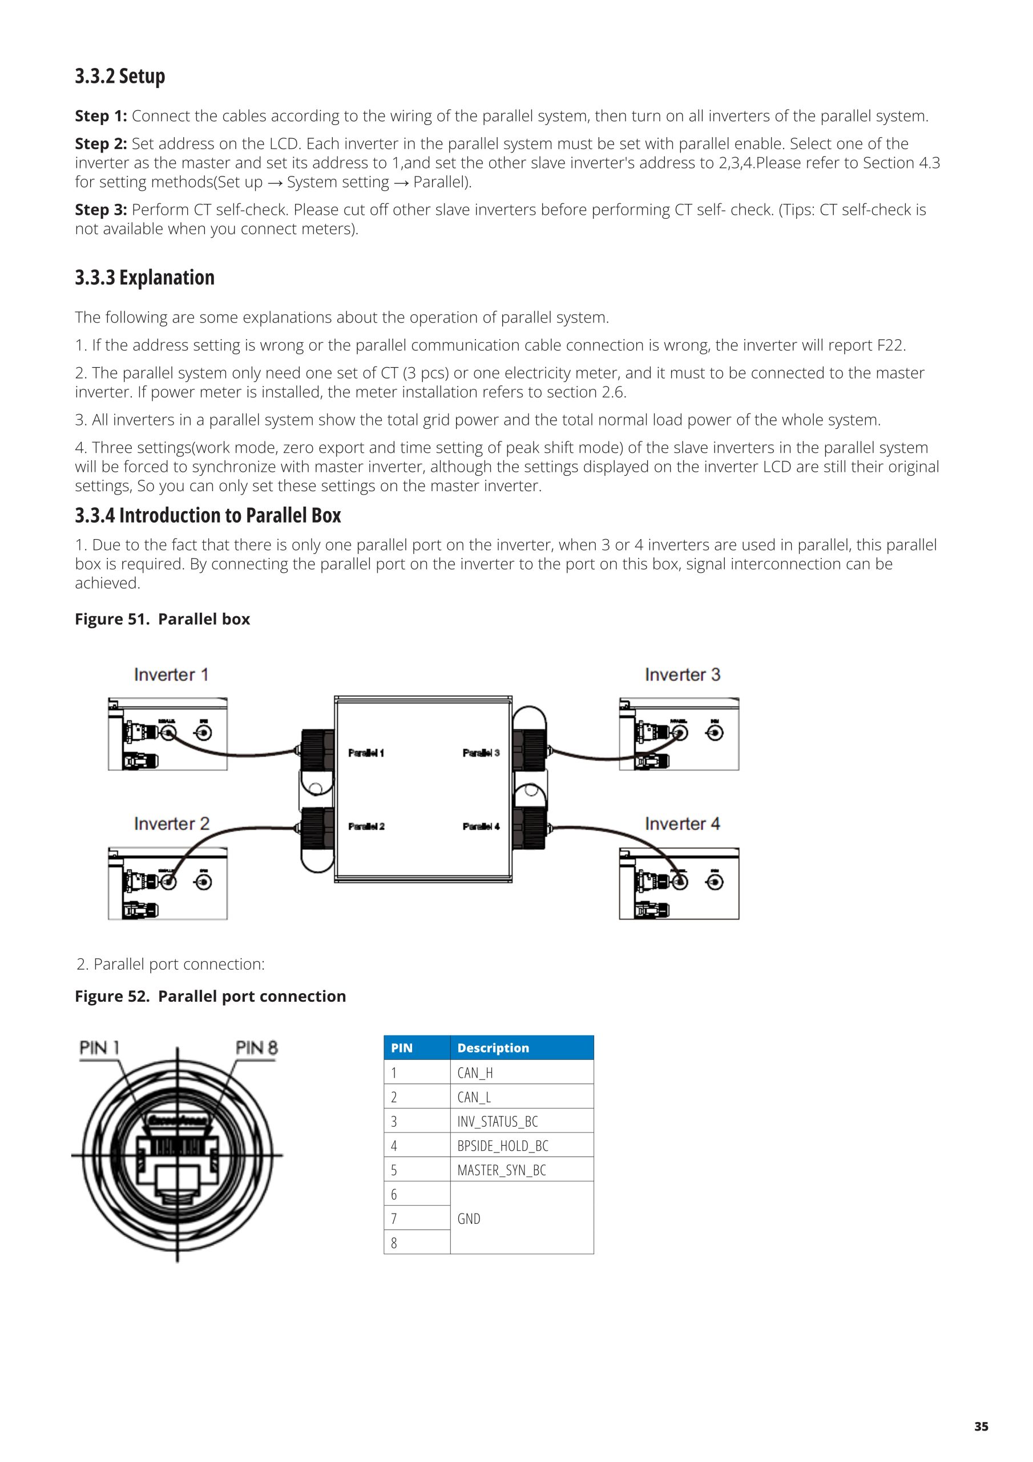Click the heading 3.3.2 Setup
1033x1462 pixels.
120,77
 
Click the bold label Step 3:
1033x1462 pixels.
100,210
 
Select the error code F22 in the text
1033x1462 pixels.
890,345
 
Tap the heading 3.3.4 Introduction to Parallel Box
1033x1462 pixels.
208,515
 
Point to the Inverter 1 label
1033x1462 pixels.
171,675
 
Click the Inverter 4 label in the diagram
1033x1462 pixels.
683,824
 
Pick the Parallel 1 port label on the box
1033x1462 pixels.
366,753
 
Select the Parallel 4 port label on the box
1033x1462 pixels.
481,826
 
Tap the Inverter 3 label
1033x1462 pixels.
683,675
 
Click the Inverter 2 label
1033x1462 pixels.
171,824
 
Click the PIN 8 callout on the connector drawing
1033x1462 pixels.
256,1048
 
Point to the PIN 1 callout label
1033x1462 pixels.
99,1048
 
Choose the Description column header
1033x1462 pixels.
493,1048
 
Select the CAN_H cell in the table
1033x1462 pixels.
475,1073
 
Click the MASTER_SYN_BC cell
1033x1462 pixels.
502,1170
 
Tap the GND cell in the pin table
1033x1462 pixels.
469,1219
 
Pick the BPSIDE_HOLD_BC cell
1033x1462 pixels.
503,1146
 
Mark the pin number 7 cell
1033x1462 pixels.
394,1219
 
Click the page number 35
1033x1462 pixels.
981,1427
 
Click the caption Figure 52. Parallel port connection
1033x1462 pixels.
210,997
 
